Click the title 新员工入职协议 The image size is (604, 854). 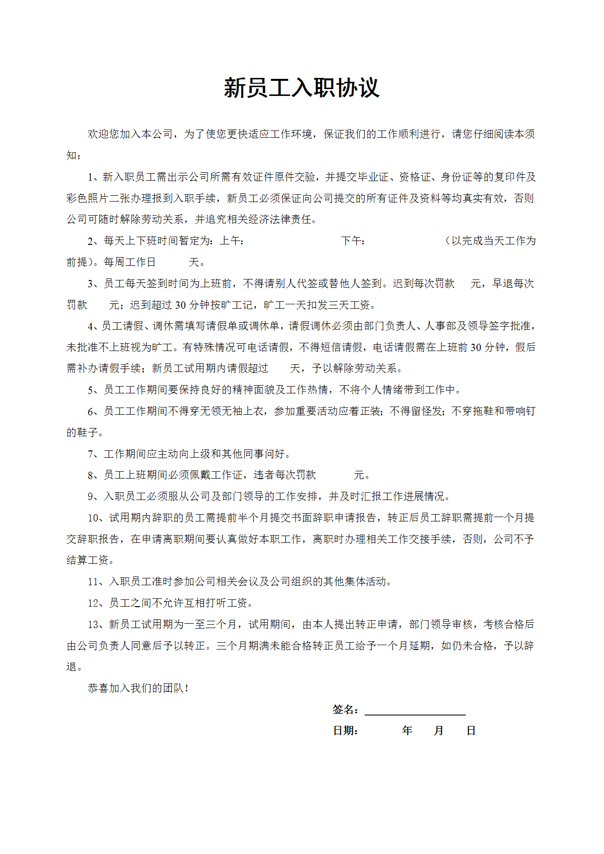[x=301, y=88]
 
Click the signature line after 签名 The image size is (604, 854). [x=415, y=710]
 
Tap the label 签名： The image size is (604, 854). [x=346, y=710]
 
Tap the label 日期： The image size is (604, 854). [x=346, y=731]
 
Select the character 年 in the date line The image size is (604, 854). [x=407, y=731]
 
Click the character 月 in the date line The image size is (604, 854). [x=439, y=731]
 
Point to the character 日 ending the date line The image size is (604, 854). [x=471, y=731]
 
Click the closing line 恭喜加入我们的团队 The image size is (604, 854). [x=138, y=688]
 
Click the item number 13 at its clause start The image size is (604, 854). [x=93, y=625]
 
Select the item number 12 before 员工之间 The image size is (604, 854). [x=93, y=603]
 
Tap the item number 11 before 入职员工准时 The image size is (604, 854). [x=93, y=582]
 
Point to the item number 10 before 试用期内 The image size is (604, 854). [x=93, y=518]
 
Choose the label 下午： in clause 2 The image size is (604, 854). [x=353, y=241]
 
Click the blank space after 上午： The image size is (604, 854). [x=292, y=241]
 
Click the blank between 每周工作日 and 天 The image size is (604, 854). [x=172, y=262]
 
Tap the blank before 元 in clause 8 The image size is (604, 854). [x=335, y=475]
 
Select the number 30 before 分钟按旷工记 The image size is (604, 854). [x=181, y=305]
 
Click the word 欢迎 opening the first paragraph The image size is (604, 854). [x=98, y=134]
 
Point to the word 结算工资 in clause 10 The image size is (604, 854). [x=88, y=560]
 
